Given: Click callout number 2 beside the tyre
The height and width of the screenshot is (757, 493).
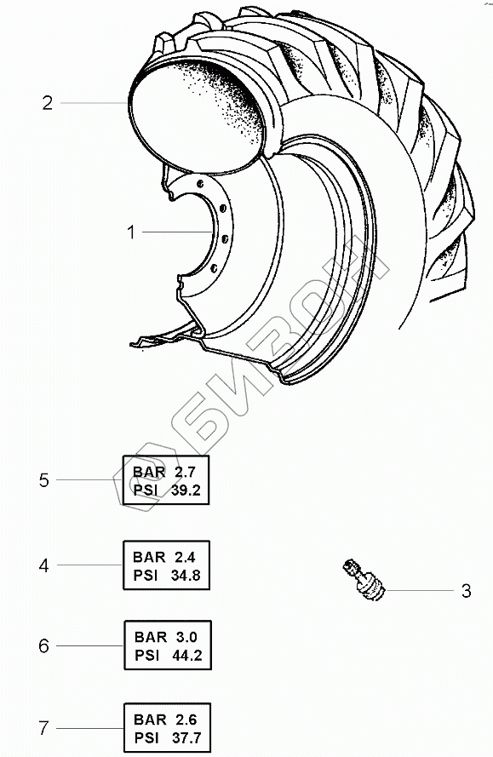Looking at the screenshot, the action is [x=47, y=103].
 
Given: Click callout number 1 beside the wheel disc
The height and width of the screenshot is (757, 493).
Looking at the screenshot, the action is [x=131, y=232].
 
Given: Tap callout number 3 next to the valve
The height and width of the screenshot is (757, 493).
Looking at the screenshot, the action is [x=466, y=590].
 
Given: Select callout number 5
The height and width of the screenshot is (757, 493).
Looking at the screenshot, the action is [x=44, y=480].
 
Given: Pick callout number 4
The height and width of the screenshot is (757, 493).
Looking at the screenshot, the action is [x=44, y=565].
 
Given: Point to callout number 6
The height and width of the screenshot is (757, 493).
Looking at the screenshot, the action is [x=44, y=646].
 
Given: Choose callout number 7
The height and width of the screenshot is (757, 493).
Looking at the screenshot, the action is [x=44, y=728].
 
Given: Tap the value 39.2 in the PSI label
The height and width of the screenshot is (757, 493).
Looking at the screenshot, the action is [x=186, y=490].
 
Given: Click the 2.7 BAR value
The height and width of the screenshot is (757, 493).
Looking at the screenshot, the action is [x=185, y=472].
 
